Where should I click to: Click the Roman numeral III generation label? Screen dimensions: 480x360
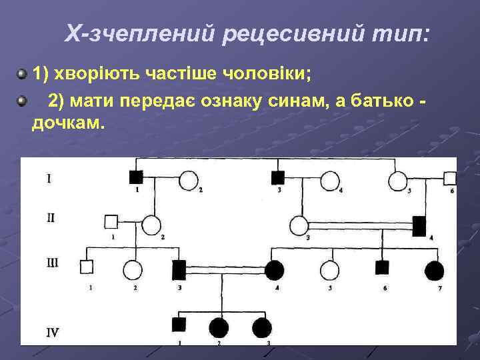[x=52, y=263]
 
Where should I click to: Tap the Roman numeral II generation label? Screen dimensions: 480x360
[x=51, y=217]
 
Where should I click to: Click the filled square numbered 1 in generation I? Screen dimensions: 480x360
[x=136, y=178]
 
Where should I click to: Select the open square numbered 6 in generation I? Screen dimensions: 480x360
[x=450, y=178]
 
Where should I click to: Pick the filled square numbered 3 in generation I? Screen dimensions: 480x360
[x=278, y=178]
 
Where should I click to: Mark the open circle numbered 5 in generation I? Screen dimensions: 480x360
[x=399, y=180]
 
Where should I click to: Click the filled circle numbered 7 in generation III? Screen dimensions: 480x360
[x=434, y=270]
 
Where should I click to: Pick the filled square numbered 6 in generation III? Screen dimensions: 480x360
[x=382, y=268]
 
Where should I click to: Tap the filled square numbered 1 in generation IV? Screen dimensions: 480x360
[x=179, y=325]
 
